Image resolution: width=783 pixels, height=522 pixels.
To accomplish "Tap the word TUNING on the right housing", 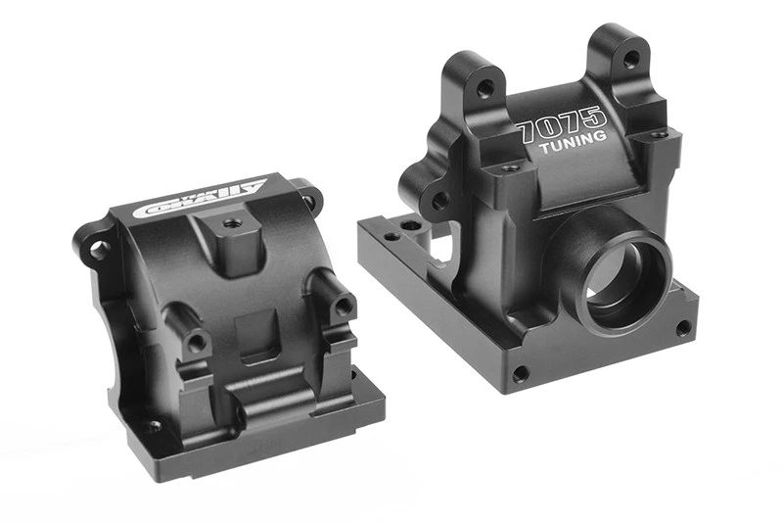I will point(573,147).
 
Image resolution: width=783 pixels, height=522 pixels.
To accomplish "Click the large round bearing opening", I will point(624,280).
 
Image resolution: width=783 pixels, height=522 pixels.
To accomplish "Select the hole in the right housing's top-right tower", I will point(628,59).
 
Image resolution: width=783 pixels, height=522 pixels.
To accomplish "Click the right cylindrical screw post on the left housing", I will point(342,306).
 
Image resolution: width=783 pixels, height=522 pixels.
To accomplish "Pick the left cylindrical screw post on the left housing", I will point(197,342).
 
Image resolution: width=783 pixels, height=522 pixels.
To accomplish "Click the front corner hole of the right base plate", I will point(520,373).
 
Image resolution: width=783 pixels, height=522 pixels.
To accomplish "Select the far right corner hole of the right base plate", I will point(682,327).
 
